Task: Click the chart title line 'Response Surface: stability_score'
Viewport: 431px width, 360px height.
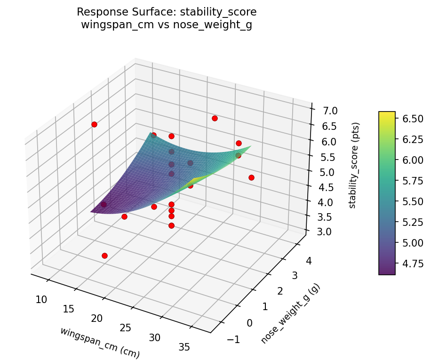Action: tap(167, 12)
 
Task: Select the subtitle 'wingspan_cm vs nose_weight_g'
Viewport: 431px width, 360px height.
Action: tap(167, 25)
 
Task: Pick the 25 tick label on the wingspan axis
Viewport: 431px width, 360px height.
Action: tap(125, 328)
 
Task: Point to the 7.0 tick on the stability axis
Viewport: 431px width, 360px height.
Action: tap(324, 111)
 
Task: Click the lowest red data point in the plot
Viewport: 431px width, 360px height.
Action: tap(104, 256)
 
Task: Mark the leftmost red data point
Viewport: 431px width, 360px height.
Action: tap(94, 124)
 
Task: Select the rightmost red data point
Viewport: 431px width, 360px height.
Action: tap(251, 177)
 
